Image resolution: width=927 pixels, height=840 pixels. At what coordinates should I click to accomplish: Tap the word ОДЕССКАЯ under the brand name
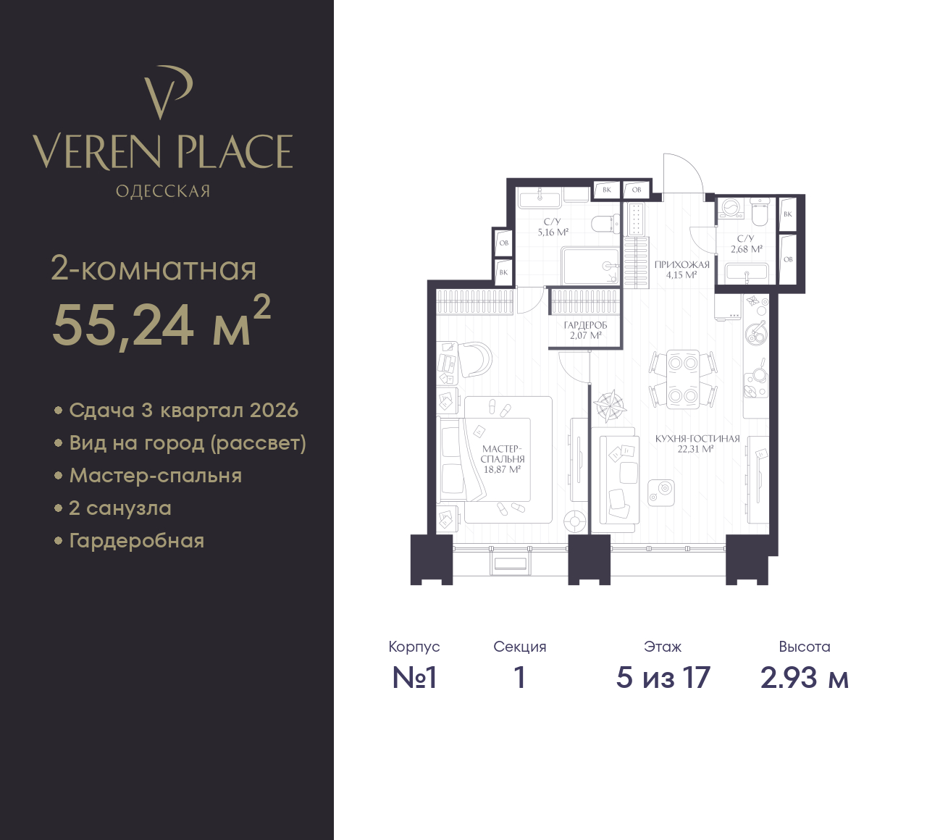point(163,191)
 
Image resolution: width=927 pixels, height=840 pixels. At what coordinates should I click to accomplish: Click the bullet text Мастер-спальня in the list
point(155,476)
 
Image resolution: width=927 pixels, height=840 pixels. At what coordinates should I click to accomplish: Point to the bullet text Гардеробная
point(137,541)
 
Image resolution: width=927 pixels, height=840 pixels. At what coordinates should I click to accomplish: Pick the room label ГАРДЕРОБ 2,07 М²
point(585,330)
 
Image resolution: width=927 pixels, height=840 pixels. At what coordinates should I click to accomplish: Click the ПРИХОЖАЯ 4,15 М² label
point(681,270)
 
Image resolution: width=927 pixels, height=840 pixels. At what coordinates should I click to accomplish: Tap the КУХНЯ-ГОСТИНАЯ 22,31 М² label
point(697,444)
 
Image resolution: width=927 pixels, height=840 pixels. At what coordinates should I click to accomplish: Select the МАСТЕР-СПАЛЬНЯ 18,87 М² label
point(503,459)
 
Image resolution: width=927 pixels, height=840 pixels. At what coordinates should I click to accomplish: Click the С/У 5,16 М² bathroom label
point(553,227)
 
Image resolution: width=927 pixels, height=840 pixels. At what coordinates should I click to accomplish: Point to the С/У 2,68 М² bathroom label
point(747,243)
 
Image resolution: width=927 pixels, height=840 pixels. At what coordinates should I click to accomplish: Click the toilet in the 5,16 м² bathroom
point(606,224)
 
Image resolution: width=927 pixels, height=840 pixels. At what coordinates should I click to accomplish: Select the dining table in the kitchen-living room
point(683,379)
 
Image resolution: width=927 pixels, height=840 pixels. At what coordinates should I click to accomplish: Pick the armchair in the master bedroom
point(474,359)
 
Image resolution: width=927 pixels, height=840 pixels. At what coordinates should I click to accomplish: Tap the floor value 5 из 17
point(663,677)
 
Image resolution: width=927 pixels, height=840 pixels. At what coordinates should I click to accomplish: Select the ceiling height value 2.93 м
point(805,678)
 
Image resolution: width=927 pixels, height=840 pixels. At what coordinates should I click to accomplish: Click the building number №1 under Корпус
point(414,678)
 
